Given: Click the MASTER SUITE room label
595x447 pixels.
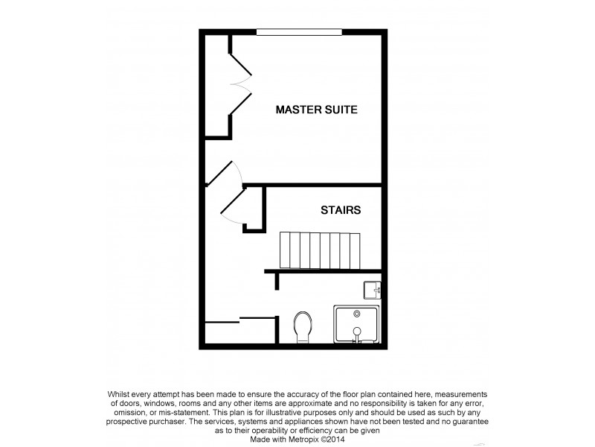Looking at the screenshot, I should click(316, 110).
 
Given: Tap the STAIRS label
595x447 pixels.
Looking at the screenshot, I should click(341, 210).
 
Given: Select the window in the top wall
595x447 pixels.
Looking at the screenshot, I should click(299, 32).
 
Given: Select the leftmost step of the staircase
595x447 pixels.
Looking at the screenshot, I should click(283, 250).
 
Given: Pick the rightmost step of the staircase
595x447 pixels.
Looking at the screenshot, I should click(356, 250).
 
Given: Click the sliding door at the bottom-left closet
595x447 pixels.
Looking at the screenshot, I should click(222, 322).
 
